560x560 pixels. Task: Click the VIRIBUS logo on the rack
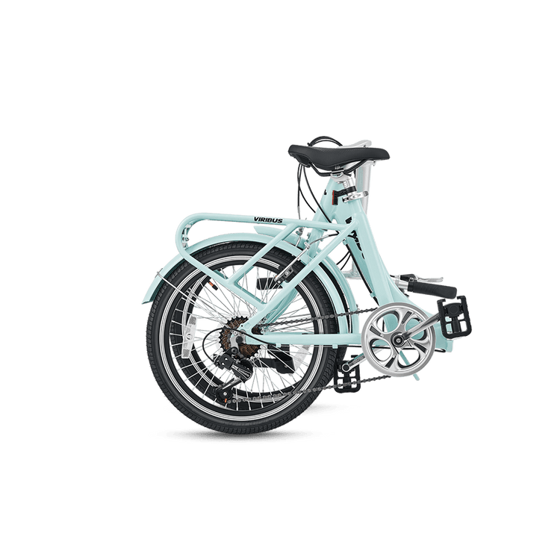click(x=268, y=220)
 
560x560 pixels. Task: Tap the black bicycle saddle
click(x=338, y=155)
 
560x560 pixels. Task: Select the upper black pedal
click(x=454, y=314)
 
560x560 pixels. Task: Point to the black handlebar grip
click(x=432, y=287)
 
